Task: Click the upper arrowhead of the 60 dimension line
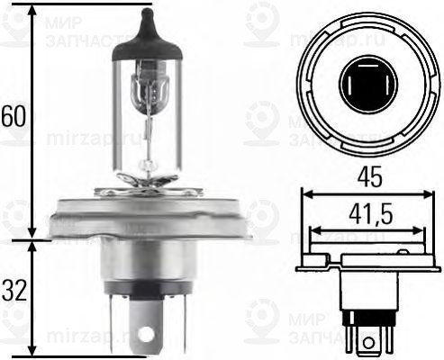34,11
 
